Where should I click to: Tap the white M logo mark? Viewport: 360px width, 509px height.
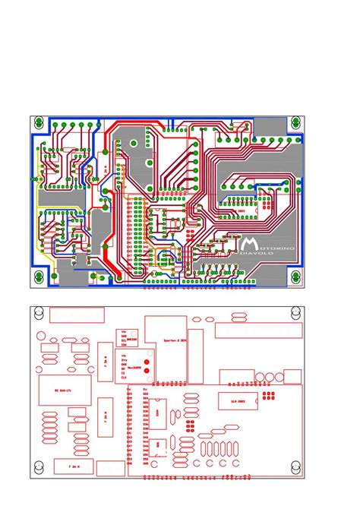pos(250,243)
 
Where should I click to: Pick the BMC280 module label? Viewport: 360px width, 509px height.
pos(131,340)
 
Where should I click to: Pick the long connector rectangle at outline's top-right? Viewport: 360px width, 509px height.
pos(259,330)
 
